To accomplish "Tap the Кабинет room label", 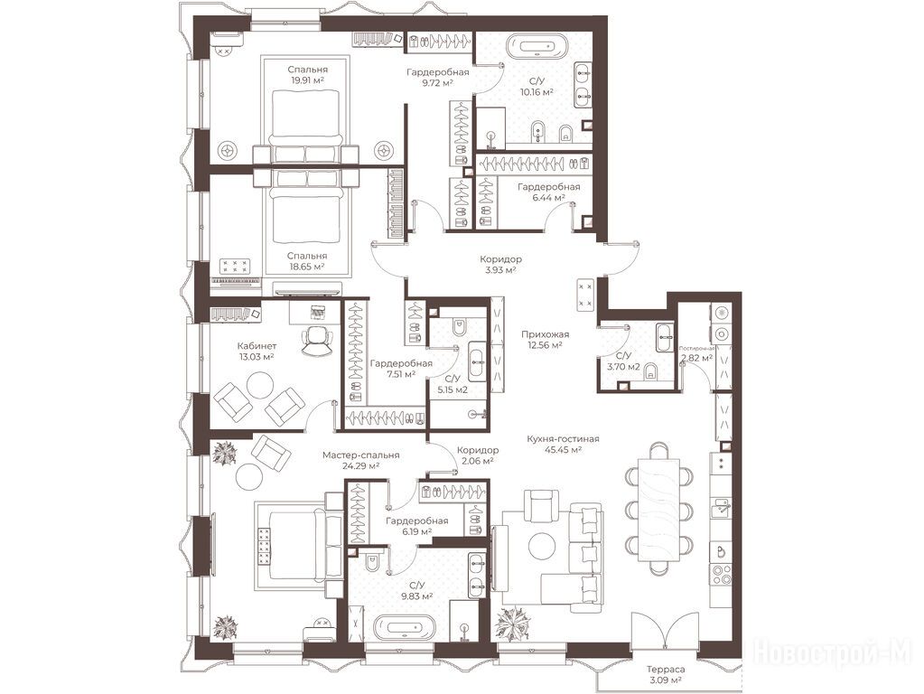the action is (x=257, y=346).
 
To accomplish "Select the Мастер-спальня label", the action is (x=360, y=455).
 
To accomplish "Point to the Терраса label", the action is (x=666, y=670).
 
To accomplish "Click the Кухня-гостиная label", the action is (x=563, y=438).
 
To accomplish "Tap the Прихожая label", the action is (x=545, y=334).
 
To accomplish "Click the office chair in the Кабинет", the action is (x=316, y=341).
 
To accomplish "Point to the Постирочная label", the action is (x=696, y=349).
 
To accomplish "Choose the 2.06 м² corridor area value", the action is (x=478, y=461).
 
